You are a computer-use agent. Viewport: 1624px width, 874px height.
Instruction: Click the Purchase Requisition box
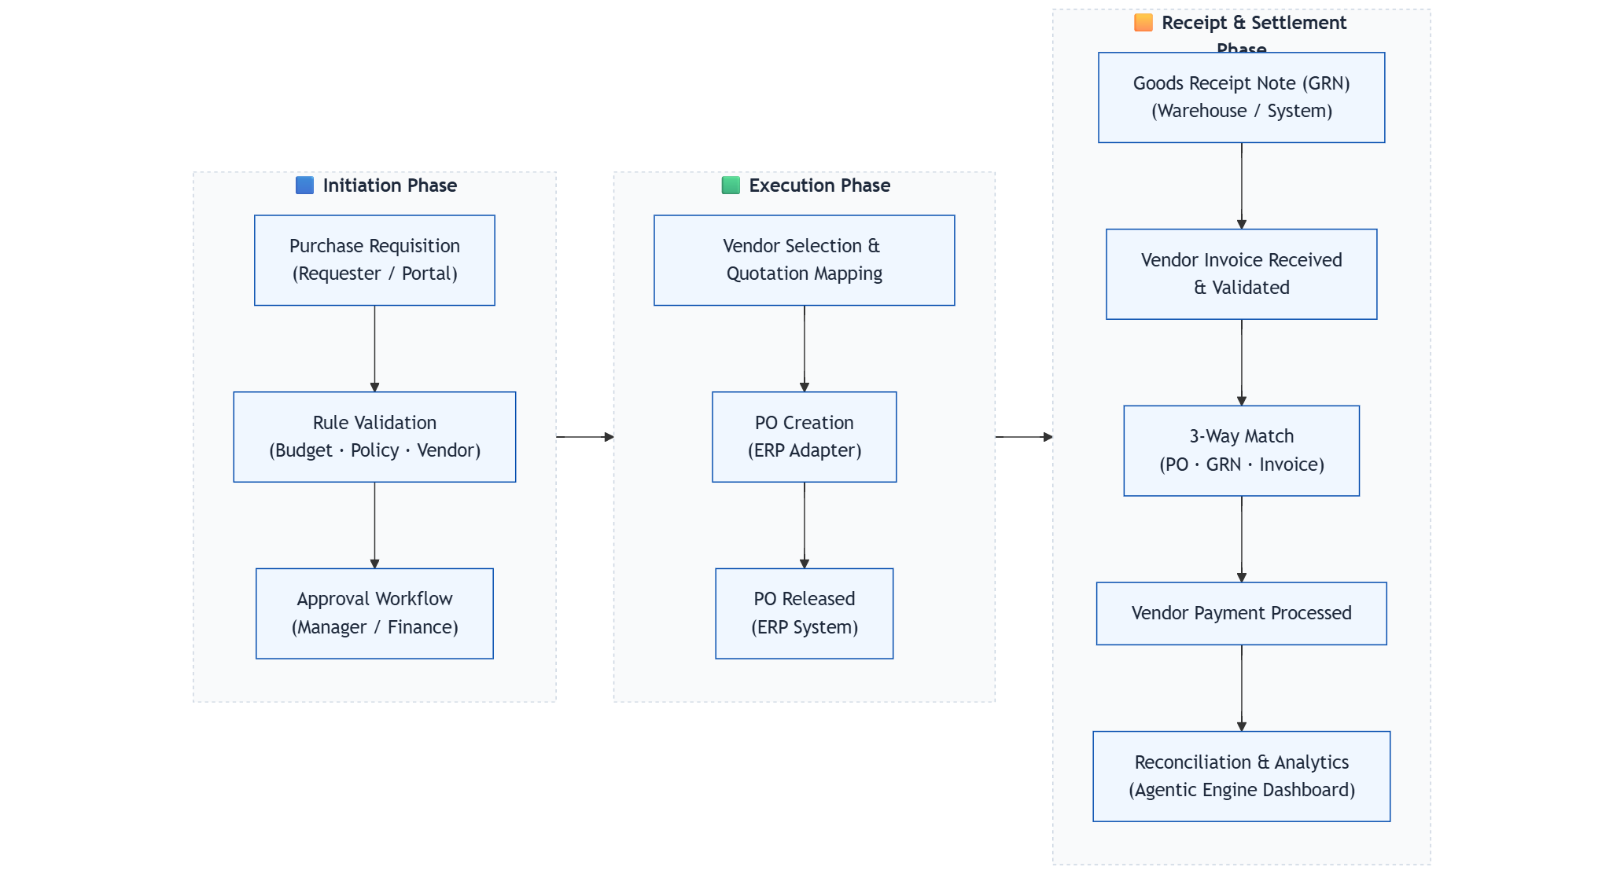374,260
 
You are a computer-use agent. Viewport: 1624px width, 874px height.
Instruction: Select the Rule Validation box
374,437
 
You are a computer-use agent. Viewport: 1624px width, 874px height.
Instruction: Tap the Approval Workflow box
374,613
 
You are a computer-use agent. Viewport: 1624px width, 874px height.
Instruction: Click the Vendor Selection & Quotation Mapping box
804,260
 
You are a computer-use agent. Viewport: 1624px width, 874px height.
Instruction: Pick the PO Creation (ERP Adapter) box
804,437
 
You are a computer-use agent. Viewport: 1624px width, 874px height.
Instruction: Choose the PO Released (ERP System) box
804,613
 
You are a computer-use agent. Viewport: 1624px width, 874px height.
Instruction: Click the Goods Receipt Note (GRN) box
1241,97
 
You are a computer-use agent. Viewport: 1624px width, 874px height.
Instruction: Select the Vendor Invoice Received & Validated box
1241,274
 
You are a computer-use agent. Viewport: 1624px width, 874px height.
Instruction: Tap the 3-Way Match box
1241,450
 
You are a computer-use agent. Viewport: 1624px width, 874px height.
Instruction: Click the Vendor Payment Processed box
1241,613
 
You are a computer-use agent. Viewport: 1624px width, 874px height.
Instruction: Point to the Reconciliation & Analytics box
1241,777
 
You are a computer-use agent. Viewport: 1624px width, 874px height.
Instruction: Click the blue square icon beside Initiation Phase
304,185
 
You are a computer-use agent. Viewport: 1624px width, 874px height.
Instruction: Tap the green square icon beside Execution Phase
731,185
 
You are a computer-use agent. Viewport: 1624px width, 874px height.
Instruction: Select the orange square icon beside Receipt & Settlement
1143,23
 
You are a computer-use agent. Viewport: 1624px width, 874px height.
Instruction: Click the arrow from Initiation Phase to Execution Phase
584,436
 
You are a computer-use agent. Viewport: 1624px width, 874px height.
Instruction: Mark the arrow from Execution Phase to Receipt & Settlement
1023,436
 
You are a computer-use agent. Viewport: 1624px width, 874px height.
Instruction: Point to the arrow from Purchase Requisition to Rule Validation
374,348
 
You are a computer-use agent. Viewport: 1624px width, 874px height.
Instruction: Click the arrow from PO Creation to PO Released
804,525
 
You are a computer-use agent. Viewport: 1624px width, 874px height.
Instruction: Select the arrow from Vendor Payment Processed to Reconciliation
1241,688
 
